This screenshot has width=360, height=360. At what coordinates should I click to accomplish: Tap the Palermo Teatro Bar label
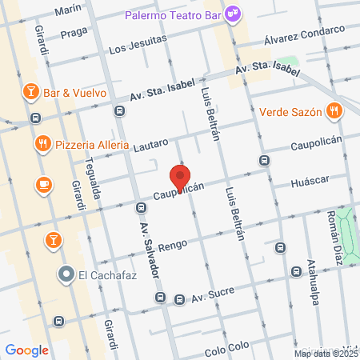(x=175, y=14)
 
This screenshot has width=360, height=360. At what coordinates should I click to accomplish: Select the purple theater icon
(x=233, y=13)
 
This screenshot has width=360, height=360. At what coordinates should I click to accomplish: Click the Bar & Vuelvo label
(x=75, y=91)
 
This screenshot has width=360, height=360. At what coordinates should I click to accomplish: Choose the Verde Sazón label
(x=290, y=112)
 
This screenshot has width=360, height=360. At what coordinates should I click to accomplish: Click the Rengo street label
(x=172, y=246)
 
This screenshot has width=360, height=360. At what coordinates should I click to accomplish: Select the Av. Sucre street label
(x=212, y=294)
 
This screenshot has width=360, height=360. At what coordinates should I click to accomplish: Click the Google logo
(x=27, y=350)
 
